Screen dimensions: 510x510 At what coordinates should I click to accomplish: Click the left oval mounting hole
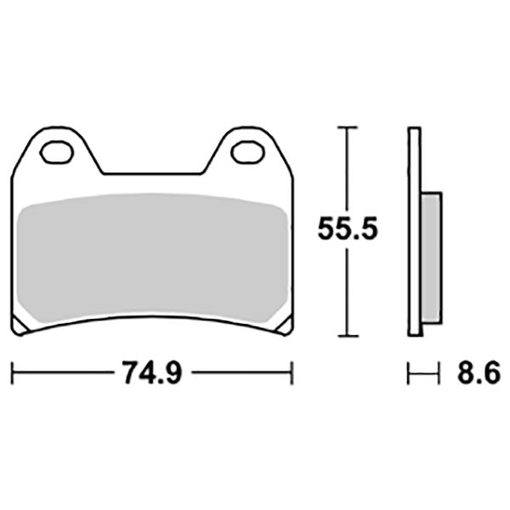tap(57, 153)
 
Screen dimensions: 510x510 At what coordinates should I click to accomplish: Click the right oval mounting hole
tap(247, 153)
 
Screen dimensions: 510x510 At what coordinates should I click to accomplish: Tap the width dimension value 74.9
tap(152, 373)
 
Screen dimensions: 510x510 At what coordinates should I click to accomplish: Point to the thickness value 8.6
tap(476, 373)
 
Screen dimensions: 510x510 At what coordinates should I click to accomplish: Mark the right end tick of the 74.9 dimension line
tap(292, 373)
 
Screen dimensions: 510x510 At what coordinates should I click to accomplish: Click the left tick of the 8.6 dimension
tap(409, 373)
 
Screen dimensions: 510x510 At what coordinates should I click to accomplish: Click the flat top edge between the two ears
tap(152, 174)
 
